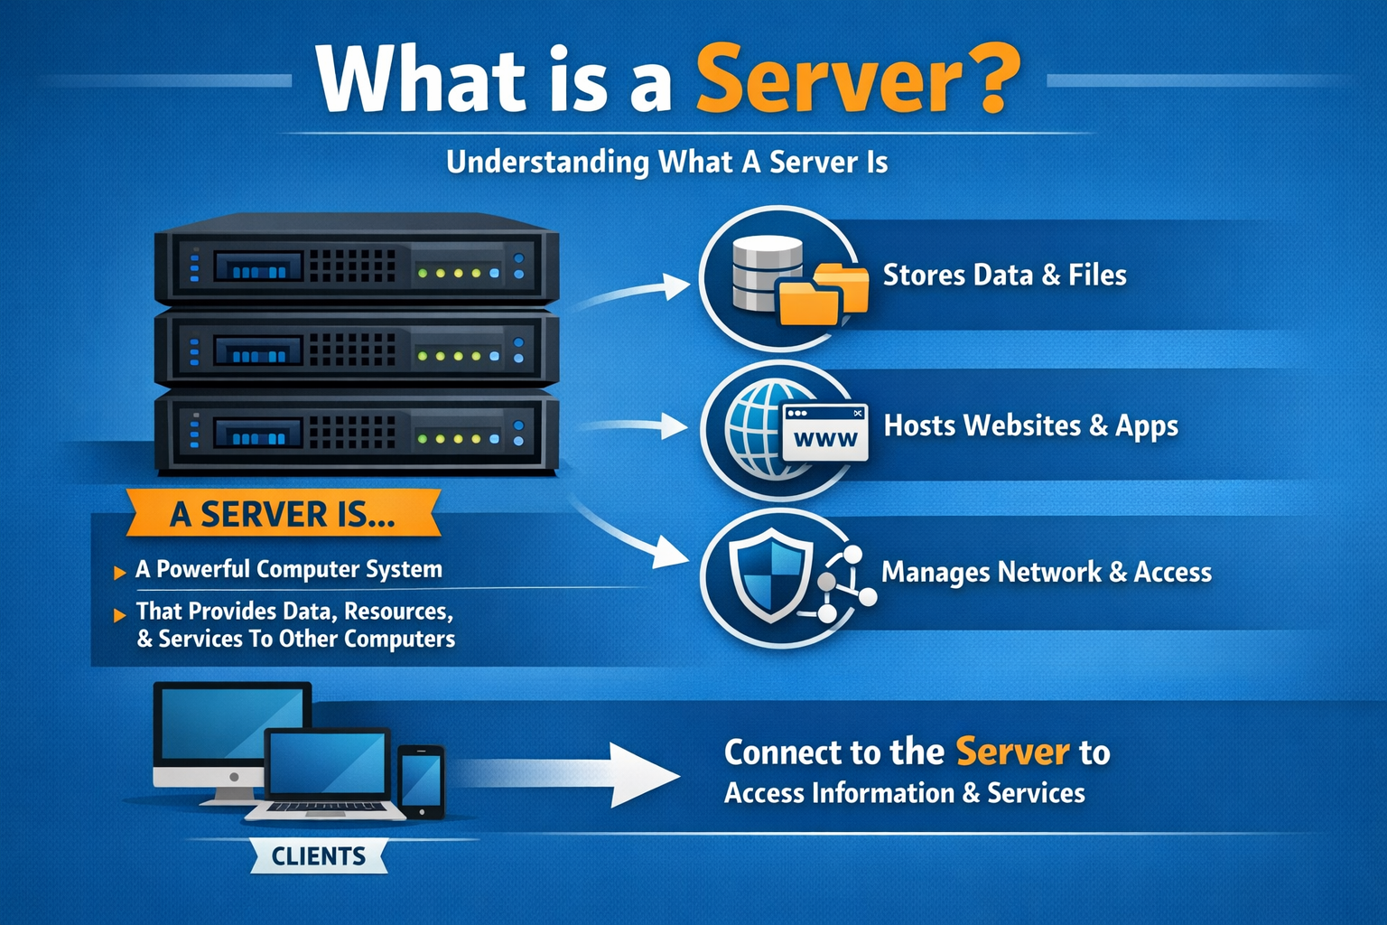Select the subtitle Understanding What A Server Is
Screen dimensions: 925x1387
(666, 163)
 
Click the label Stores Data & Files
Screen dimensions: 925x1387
(1004, 276)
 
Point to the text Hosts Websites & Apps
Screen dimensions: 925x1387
(1030, 425)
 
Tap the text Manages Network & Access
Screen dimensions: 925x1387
(1046, 573)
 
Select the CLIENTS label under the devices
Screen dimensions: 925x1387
(319, 856)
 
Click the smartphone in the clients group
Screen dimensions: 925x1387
(421, 780)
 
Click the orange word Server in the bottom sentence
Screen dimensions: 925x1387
(1012, 752)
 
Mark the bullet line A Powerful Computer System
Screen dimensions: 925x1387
(288, 569)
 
